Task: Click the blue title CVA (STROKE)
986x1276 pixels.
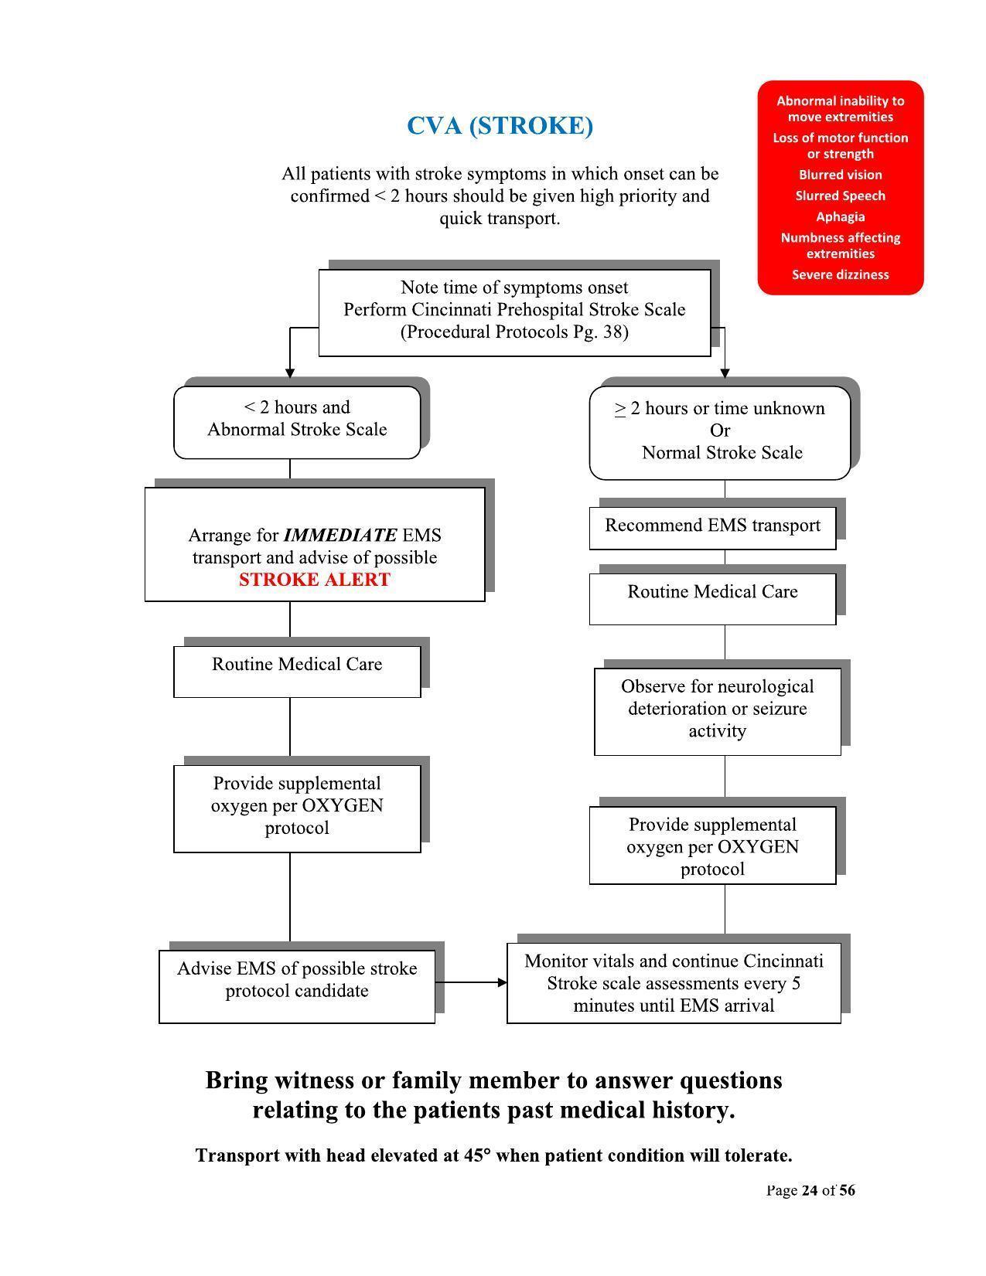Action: (500, 125)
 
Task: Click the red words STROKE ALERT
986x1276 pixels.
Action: (314, 580)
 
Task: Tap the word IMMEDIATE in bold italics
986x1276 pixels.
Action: (340, 535)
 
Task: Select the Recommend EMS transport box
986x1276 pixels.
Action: (712, 527)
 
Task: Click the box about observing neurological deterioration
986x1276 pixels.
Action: (717, 709)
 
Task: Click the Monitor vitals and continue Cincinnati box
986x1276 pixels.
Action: (674, 983)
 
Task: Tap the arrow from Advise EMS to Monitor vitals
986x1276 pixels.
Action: (471, 982)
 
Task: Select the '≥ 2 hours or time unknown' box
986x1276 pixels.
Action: (720, 431)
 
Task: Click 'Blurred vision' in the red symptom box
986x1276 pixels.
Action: (841, 175)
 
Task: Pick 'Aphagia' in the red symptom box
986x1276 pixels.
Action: (841, 216)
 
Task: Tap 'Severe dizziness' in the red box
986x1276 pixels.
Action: (841, 274)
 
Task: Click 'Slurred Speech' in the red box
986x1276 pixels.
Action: (841, 196)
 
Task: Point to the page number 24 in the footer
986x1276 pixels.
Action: (810, 1190)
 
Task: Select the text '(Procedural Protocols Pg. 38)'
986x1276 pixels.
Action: (514, 332)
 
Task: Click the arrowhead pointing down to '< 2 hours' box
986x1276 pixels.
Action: (290, 373)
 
